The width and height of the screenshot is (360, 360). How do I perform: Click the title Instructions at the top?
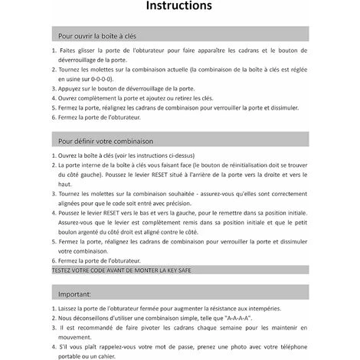point(179,7)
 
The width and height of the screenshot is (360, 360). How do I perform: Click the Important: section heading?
point(74,293)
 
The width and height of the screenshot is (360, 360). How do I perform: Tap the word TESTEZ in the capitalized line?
point(64,270)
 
